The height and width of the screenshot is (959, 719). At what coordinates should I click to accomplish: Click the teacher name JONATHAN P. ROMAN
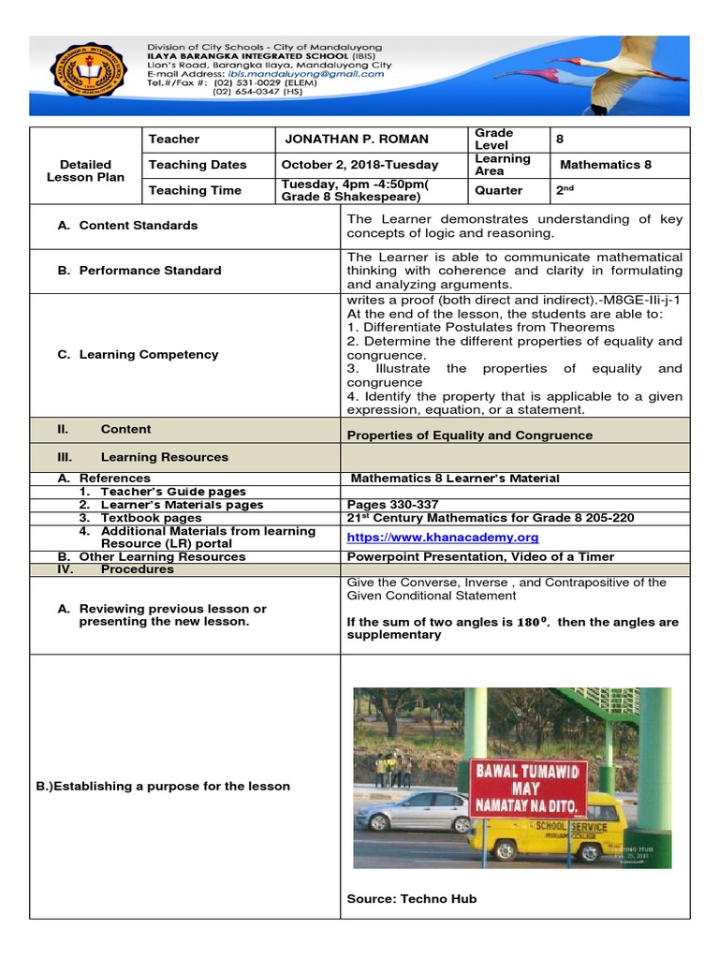pyautogui.click(x=357, y=139)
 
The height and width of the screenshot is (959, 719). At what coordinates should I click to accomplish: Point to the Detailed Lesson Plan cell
pyautogui.click(x=85, y=170)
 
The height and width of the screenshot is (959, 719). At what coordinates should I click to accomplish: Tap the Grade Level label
pyautogui.click(x=494, y=139)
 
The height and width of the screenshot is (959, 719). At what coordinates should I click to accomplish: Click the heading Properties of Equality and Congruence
pyautogui.click(x=469, y=435)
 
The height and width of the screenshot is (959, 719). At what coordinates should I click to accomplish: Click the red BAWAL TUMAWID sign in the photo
pyautogui.click(x=528, y=787)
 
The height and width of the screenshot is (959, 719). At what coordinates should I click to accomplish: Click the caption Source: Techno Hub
pyautogui.click(x=411, y=899)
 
